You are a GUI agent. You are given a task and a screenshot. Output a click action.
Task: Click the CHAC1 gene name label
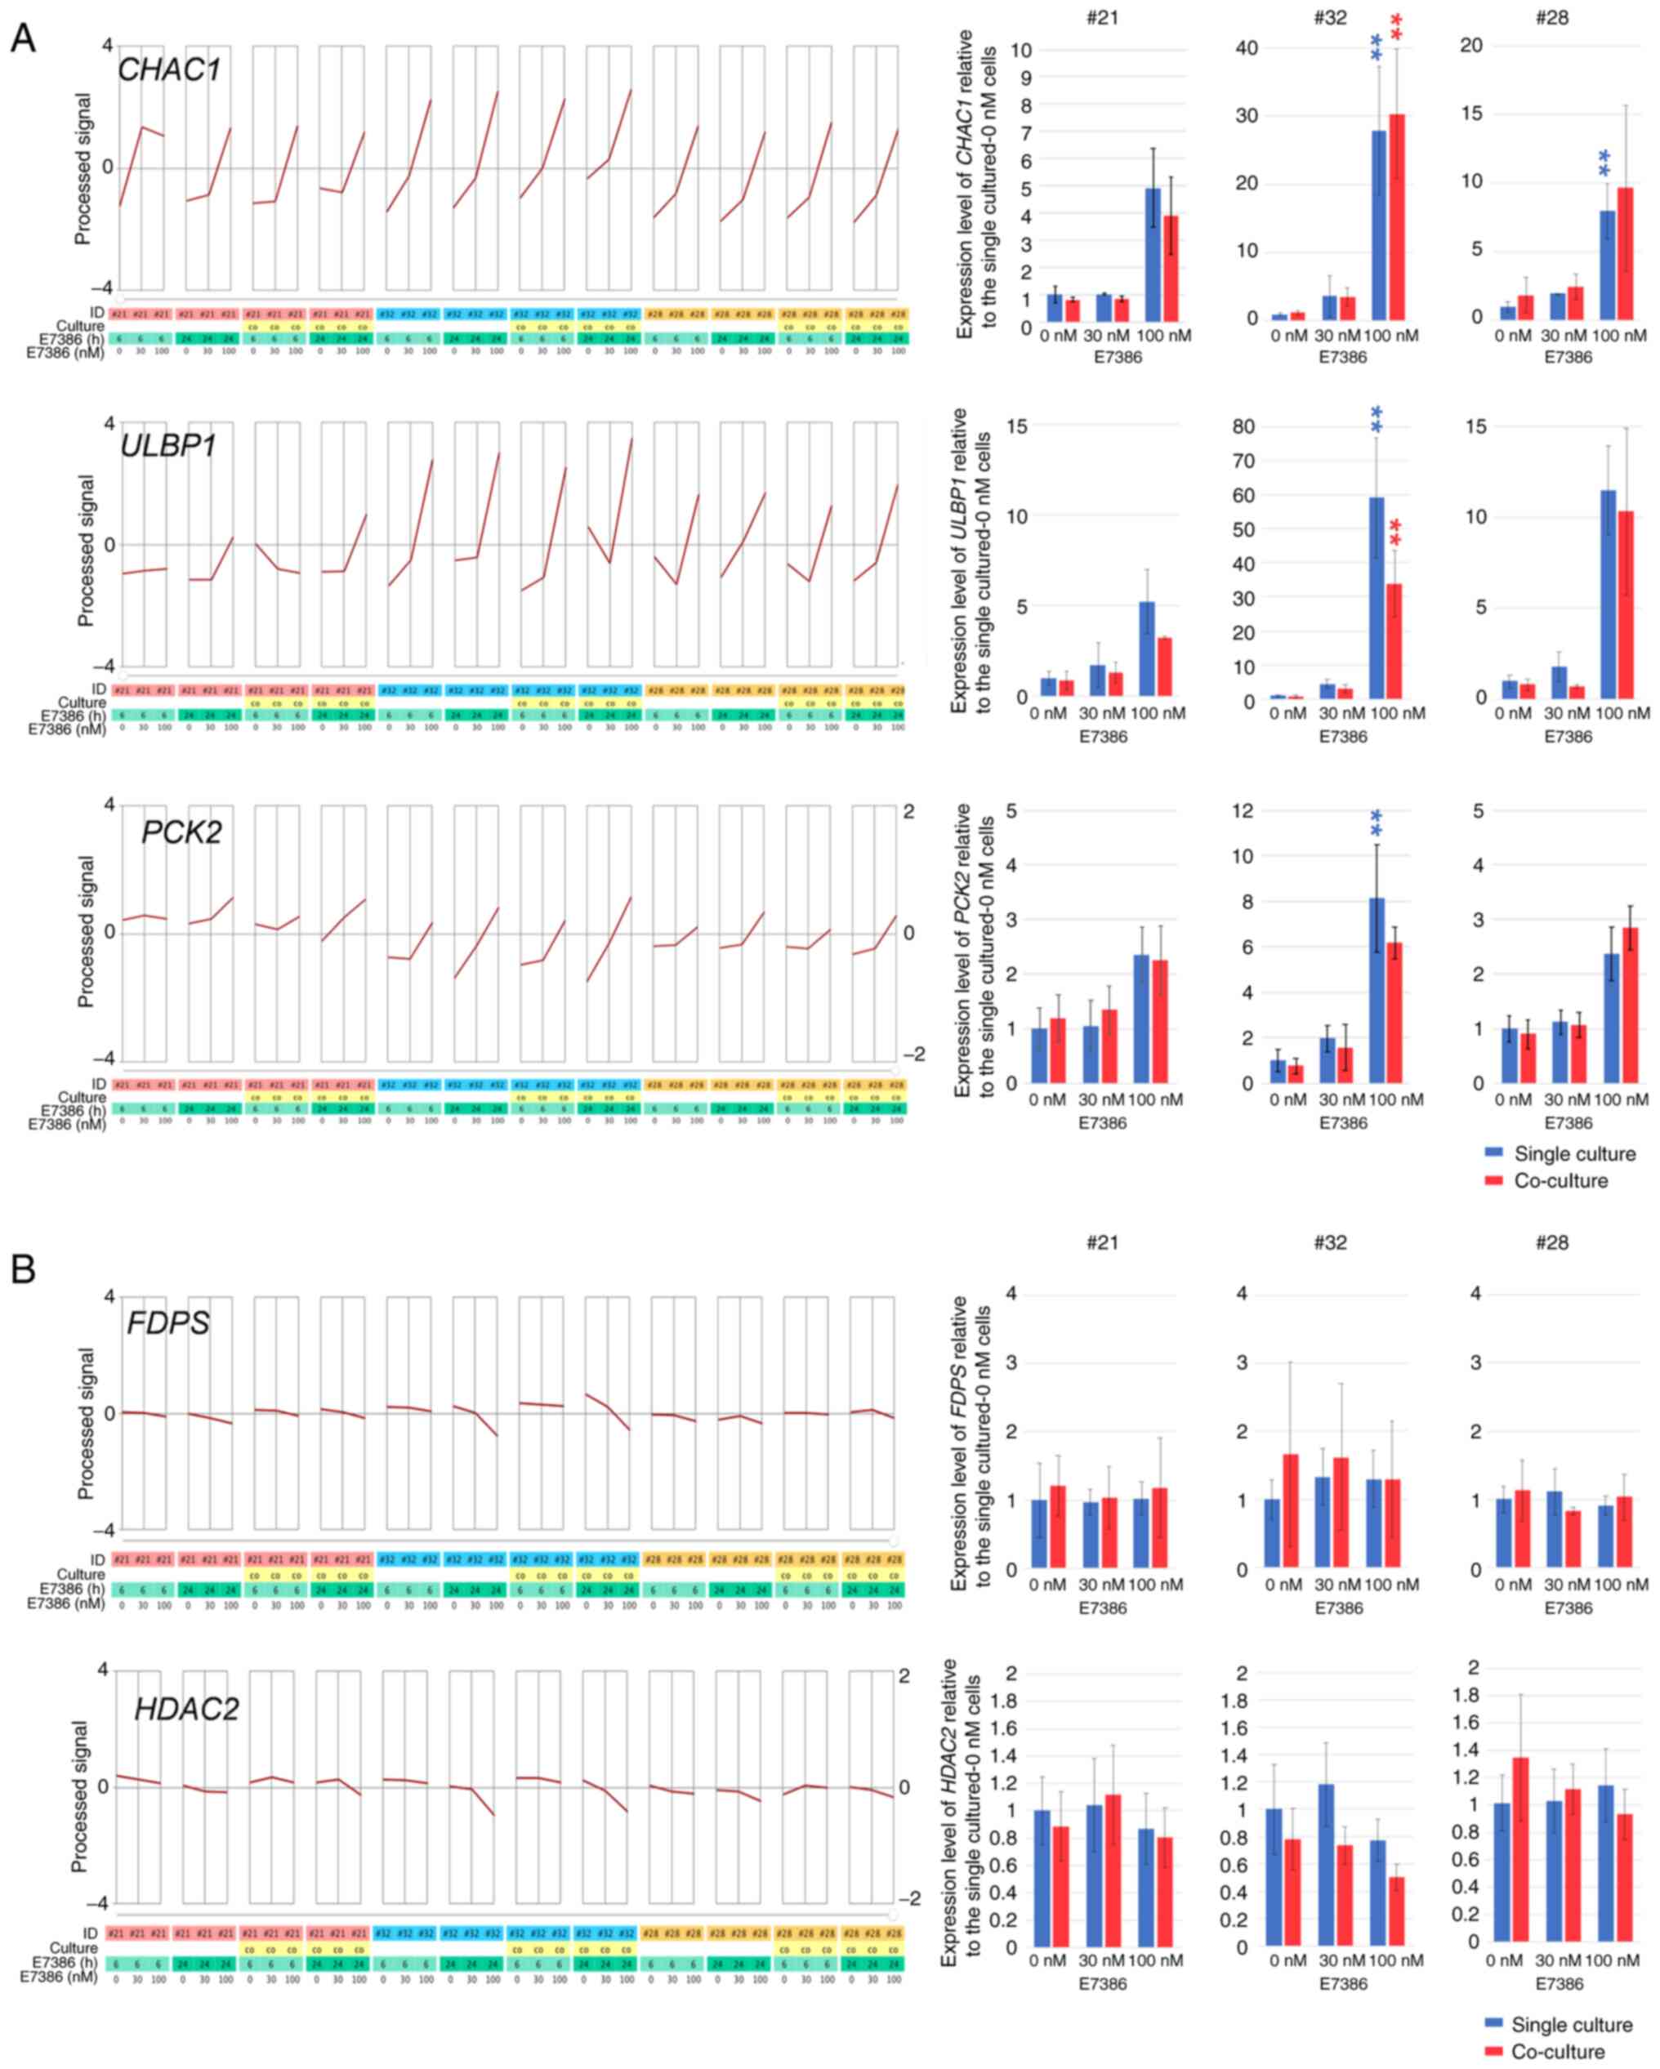click(x=170, y=70)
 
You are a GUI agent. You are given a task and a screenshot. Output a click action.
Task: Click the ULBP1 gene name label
click(x=169, y=446)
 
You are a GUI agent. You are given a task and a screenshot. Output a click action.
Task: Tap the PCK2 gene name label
click(x=182, y=831)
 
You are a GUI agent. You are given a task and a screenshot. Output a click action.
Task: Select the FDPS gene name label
click(x=169, y=1323)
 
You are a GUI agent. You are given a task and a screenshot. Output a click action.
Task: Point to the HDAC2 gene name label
click(x=186, y=1709)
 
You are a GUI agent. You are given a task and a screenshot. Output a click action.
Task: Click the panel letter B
click(x=23, y=1269)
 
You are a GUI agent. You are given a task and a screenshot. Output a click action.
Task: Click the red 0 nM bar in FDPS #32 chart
click(x=1291, y=1510)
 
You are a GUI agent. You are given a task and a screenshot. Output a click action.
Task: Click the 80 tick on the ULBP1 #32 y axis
click(x=1243, y=427)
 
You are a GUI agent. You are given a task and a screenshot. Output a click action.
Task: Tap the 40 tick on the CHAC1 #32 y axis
click(x=1246, y=48)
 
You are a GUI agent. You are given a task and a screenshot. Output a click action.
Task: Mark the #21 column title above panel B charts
click(x=1103, y=1242)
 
